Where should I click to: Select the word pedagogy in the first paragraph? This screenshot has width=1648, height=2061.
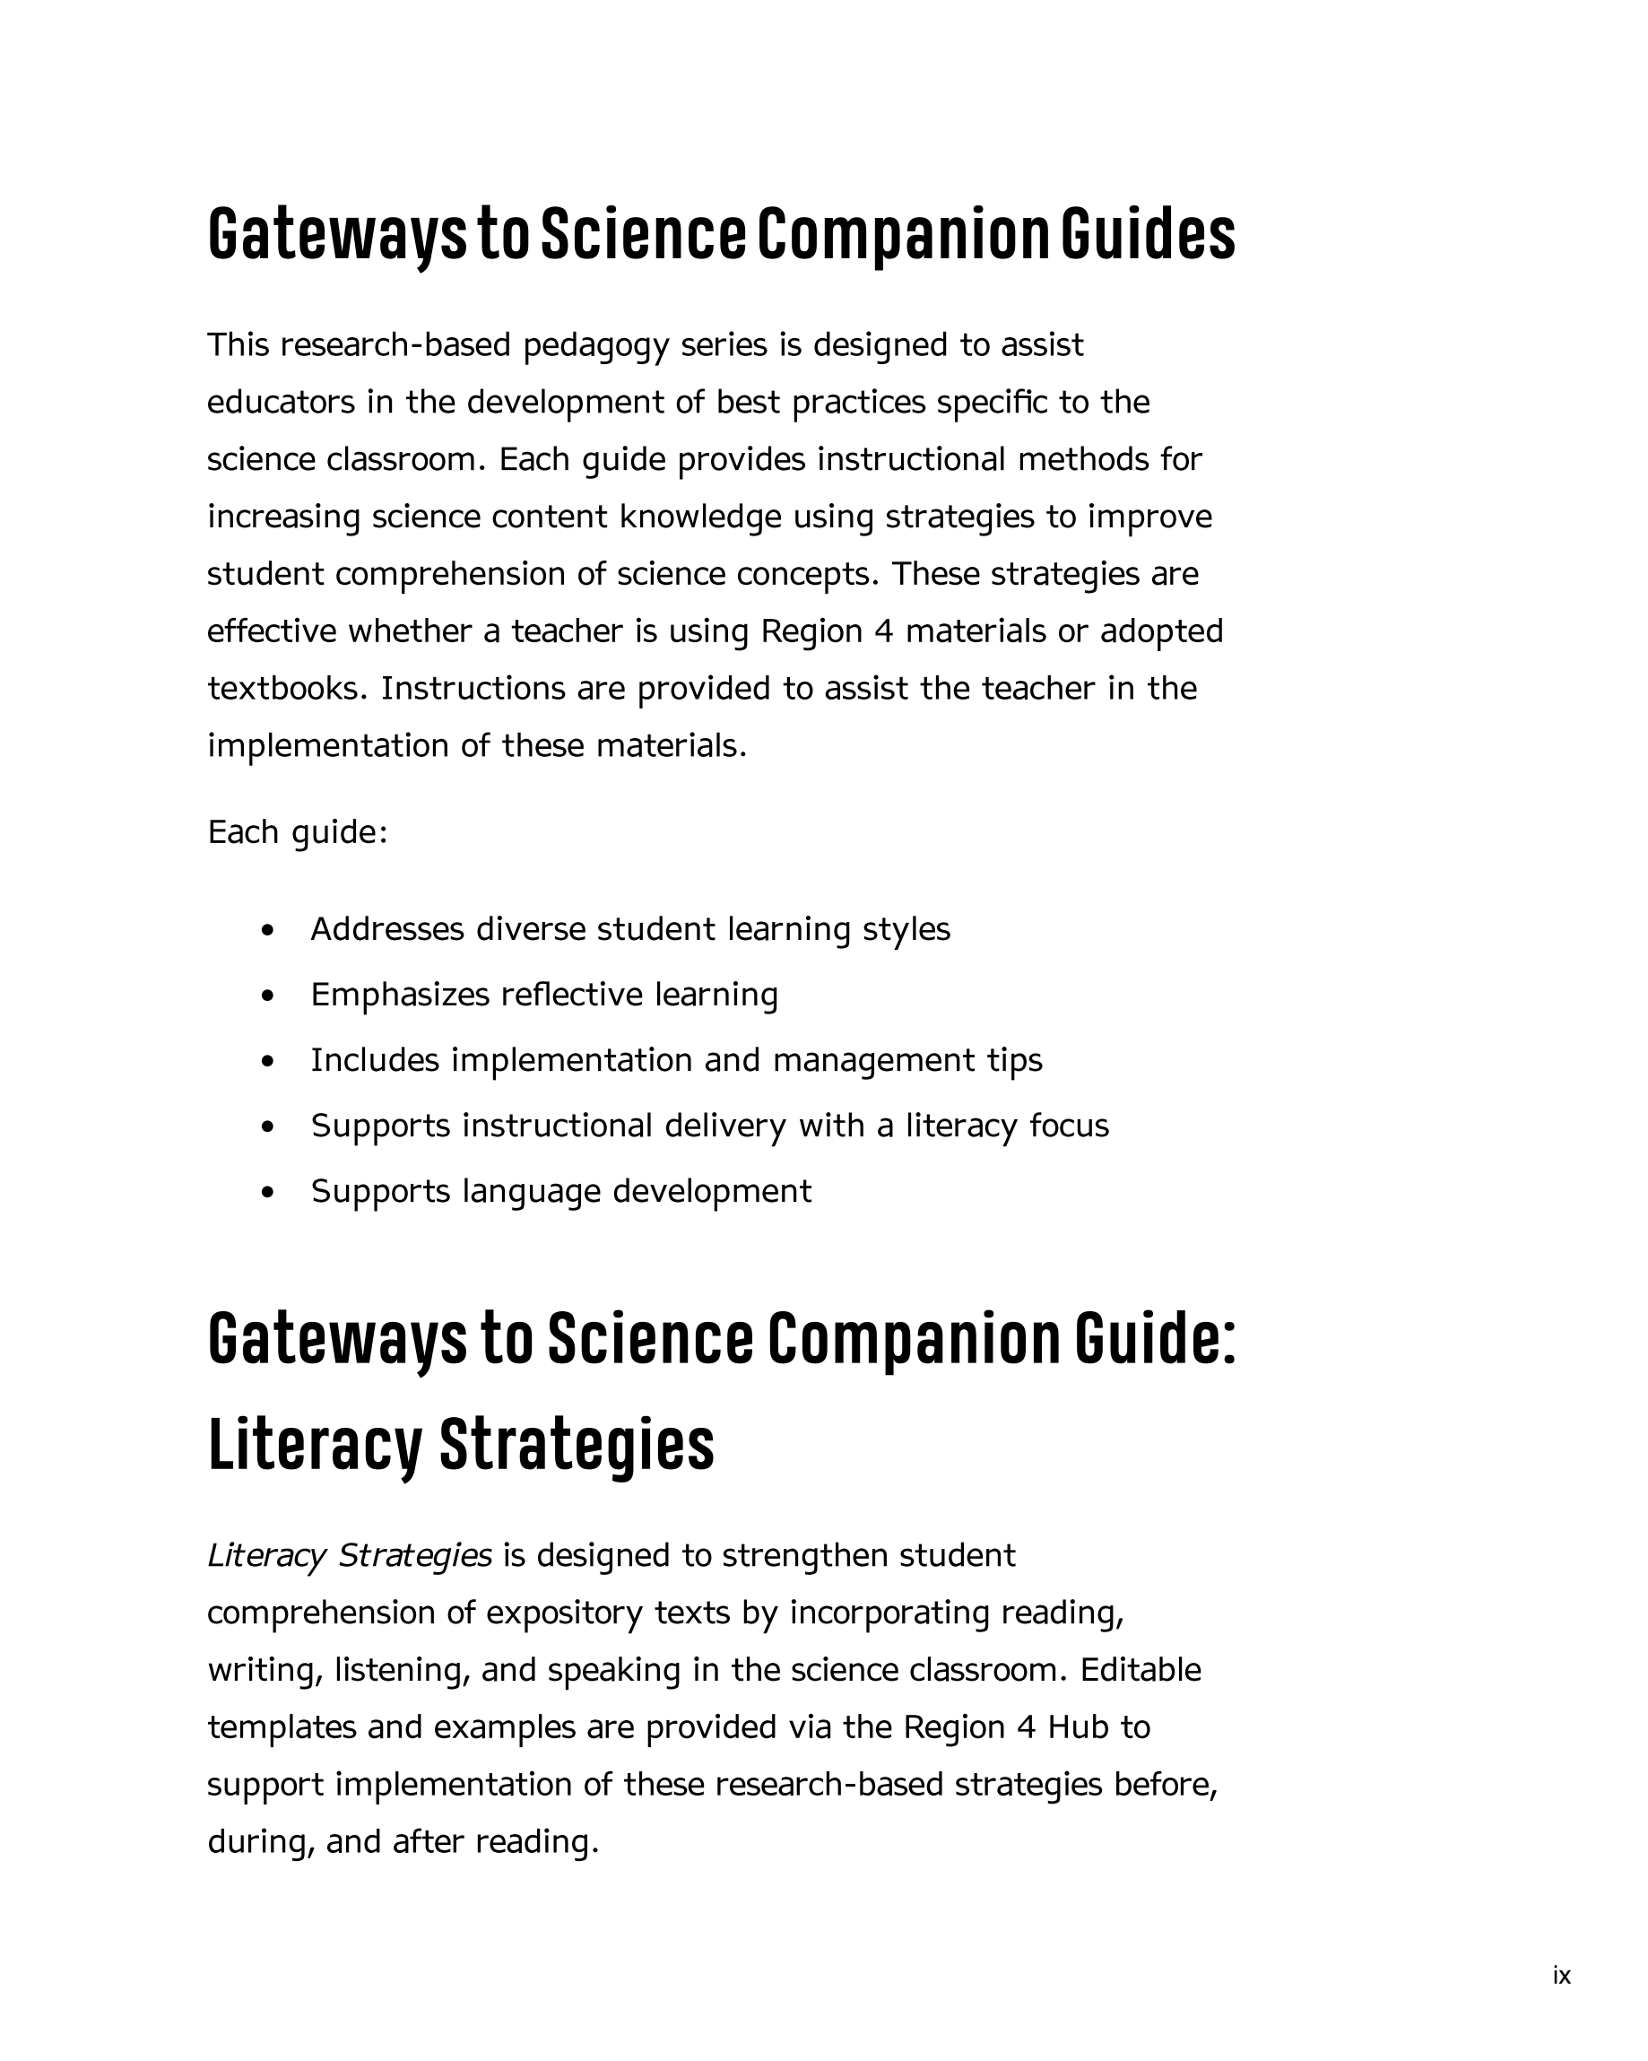595,346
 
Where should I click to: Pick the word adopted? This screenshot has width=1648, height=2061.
1161,632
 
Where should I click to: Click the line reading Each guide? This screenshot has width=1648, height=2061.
298,832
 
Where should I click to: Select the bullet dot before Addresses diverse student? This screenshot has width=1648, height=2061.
268,929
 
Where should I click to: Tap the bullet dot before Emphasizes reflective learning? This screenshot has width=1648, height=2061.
268,996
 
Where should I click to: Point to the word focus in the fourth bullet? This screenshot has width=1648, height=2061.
1069,1126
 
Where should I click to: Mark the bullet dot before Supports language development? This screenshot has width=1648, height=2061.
268,1192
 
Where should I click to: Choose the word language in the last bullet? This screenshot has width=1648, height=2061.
531,1192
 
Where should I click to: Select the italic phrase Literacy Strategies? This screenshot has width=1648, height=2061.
349,1555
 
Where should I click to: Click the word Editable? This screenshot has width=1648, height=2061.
1141,1670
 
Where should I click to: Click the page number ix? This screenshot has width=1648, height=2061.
1562,1975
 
